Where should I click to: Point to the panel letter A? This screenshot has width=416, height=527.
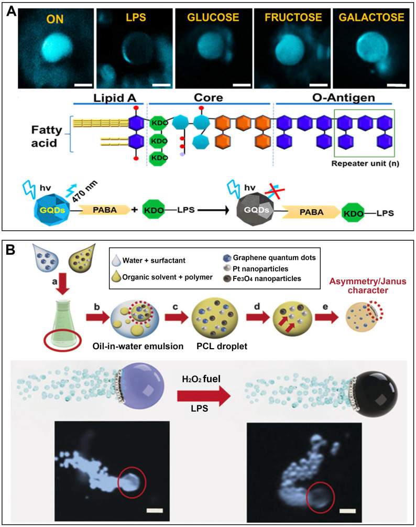pyautogui.click(x=10, y=12)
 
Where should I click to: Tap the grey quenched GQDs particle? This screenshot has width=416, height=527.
pyautogui.click(x=240, y=214)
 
